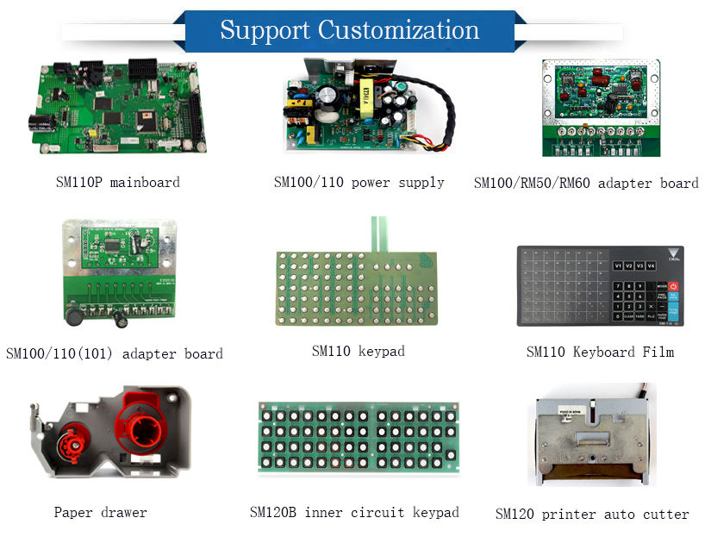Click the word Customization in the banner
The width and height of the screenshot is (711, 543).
tap(399, 30)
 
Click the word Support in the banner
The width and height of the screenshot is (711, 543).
tap(265, 30)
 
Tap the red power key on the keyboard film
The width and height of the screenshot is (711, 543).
tap(673, 285)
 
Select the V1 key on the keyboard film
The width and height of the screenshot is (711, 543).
tap(617, 266)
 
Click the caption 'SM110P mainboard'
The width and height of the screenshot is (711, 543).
tap(116, 183)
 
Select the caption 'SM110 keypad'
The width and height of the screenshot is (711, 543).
tap(358, 352)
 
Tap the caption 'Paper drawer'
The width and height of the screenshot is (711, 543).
tap(100, 513)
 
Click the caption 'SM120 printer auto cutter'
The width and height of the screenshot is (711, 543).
tap(592, 515)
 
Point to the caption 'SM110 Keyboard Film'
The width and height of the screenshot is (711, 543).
tap(600, 352)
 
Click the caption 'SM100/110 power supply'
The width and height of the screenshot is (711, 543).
tap(359, 183)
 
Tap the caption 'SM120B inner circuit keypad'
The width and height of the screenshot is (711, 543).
tap(354, 513)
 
